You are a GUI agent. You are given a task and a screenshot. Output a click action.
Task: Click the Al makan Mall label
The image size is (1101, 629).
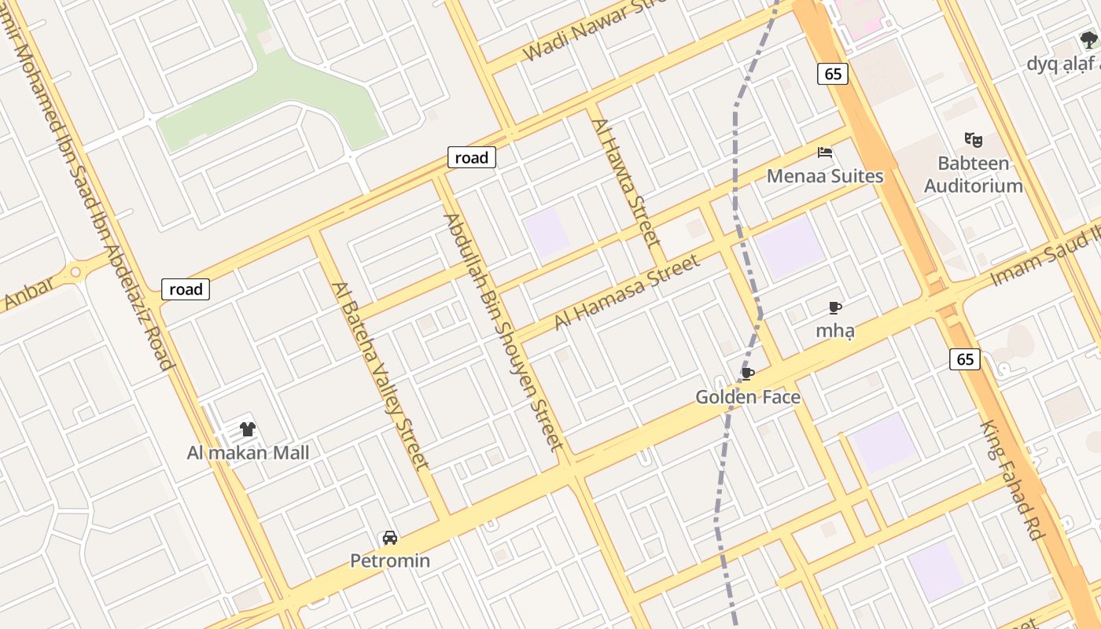(248, 453)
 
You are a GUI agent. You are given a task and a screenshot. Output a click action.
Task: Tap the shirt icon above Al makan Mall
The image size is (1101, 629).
(248, 429)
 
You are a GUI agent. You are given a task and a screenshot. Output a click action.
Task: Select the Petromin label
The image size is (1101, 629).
(390, 561)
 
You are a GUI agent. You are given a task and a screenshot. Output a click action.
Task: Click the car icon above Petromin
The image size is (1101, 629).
(389, 539)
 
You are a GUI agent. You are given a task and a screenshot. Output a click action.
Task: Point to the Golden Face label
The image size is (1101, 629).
(748, 397)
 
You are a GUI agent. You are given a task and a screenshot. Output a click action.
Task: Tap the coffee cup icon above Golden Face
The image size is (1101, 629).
(747, 373)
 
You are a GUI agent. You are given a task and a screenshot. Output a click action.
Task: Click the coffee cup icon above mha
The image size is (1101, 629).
(835, 307)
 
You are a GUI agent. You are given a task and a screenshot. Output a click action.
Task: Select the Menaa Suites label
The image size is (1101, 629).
(825, 175)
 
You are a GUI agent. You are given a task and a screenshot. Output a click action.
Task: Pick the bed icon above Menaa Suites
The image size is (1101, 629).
(824, 152)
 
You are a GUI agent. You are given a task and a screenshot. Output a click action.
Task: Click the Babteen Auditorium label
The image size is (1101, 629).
(974, 175)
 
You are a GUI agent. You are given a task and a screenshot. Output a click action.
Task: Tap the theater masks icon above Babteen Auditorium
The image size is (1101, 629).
(974, 140)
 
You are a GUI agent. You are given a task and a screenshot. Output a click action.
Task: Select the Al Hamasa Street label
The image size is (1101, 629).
(627, 292)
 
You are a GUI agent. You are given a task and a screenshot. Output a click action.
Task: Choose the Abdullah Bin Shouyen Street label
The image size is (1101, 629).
(503, 332)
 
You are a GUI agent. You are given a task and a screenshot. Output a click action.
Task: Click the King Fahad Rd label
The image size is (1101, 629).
(1012, 480)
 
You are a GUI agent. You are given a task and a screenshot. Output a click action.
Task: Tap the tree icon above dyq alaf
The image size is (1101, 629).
(1089, 40)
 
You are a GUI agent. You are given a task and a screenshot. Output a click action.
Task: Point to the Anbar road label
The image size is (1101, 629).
(30, 292)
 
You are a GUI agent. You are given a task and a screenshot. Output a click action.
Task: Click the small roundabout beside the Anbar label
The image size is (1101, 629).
(75, 272)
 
